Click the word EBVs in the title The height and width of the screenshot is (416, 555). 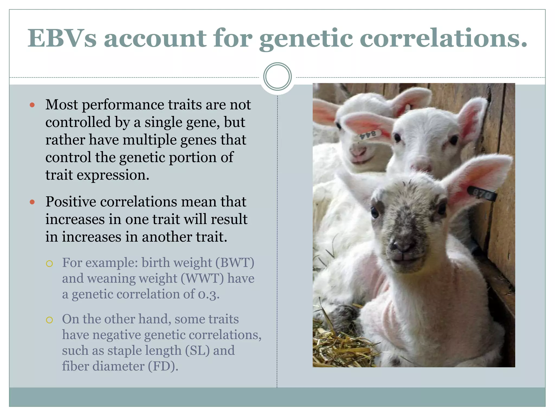(62, 38)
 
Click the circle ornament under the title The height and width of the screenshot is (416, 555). (277, 76)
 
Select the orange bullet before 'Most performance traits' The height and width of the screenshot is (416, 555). (32, 105)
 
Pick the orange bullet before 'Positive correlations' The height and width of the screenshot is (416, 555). (32, 202)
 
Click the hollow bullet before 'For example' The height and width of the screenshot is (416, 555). (49, 264)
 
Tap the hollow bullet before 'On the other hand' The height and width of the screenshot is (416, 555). (49, 320)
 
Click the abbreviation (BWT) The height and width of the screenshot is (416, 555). (235, 263)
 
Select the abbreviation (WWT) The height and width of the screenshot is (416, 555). (202, 278)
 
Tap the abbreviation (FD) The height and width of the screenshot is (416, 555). (163, 366)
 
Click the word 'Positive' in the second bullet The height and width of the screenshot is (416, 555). (71, 202)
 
